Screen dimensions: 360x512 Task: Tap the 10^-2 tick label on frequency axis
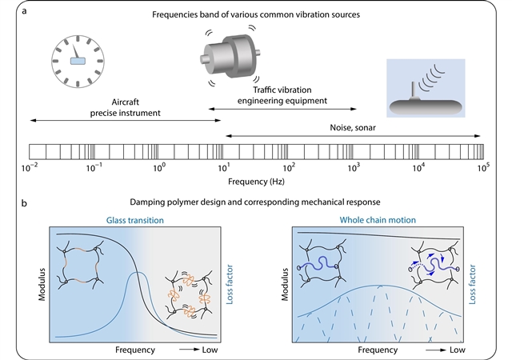coord(29,168)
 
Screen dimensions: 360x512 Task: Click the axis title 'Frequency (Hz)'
coord(257,183)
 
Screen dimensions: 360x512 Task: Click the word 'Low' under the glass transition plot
coord(207,350)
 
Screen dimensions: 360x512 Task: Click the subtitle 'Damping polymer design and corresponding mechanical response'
coord(256,205)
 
